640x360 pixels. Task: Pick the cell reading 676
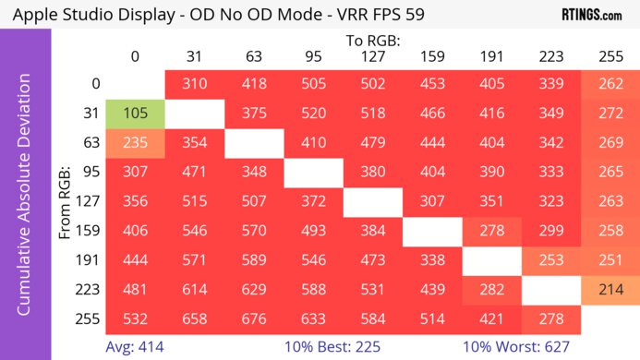click(x=253, y=319)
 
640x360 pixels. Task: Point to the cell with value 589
click(x=253, y=260)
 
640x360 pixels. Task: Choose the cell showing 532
click(x=135, y=319)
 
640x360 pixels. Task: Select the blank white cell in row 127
click(x=372, y=202)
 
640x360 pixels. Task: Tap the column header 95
click(x=313, y=56)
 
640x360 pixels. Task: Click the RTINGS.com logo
click(x=591, y=15)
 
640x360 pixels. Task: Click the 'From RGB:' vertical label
click(x=66, y=202)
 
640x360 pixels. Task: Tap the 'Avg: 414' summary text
click(x=135, y=347)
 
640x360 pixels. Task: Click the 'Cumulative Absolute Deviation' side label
click(x=25, y=202)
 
